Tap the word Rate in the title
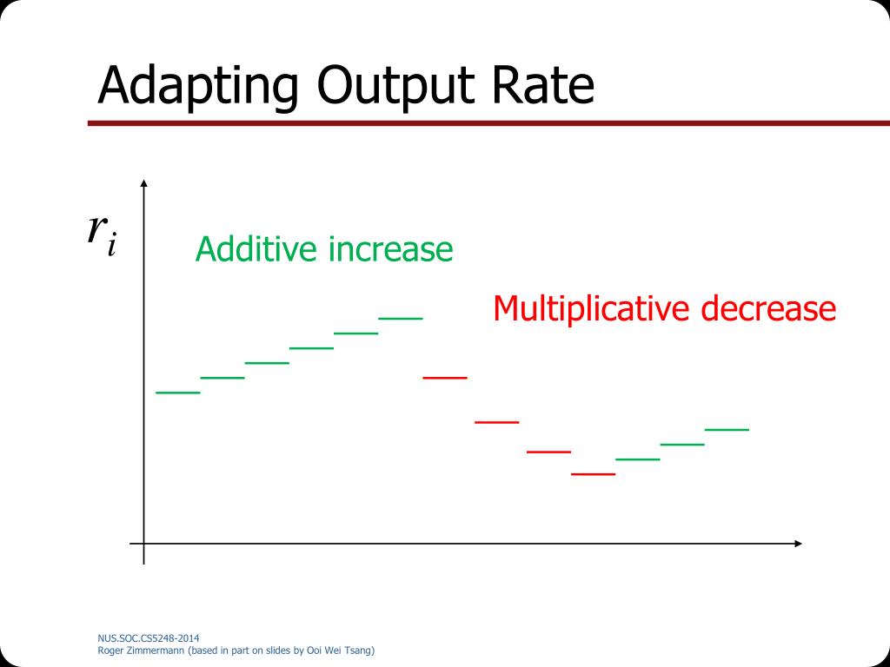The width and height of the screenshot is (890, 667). coord(546,87)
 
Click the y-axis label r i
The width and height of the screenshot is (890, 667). coord(102,233)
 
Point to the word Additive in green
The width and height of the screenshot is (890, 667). coord(256,249)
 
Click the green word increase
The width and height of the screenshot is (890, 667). coord(390,249)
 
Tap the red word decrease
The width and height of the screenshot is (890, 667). coord(768,309)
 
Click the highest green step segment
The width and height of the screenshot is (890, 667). coord(400,318)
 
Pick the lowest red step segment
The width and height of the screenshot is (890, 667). coord(594,474)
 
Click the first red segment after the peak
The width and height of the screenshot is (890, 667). coord(445,378)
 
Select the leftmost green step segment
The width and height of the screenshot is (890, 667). coord(178,393)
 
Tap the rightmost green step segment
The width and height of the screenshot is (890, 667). coord(727,429)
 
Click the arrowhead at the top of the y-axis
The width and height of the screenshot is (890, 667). coord(144,183)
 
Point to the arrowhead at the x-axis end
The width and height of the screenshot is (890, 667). coord(797,544)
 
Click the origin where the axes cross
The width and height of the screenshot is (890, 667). coord(144,544)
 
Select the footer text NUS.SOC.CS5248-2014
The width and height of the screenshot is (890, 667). coord(141,638)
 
